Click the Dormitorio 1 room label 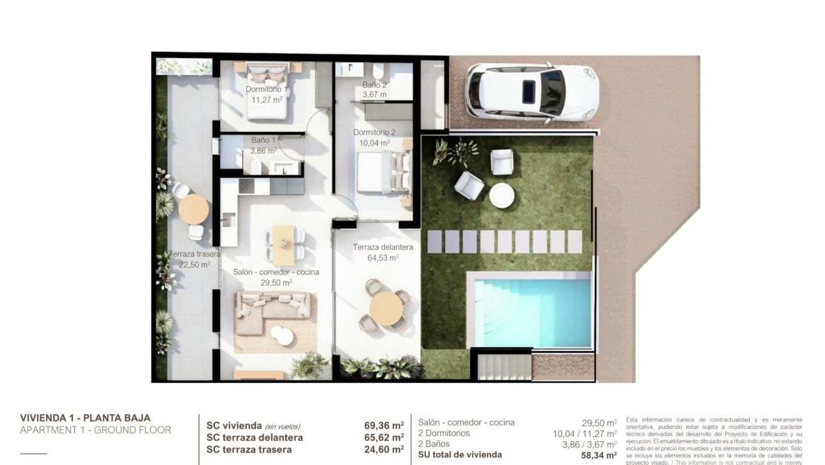click(x=267, y=90)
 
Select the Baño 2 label click(x=375, y=84)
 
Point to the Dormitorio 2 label click(x=374, y=133)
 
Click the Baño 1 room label click(x=263, y=140)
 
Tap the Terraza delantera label click(x=383, y=248)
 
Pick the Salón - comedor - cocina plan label click(x=276, y=272)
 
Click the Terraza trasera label click(x=194, y=255)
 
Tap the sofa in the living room click(x=274, y=311)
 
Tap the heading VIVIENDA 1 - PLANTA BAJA click(x=85, y=418)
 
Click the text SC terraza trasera click(x=249, y=449)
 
